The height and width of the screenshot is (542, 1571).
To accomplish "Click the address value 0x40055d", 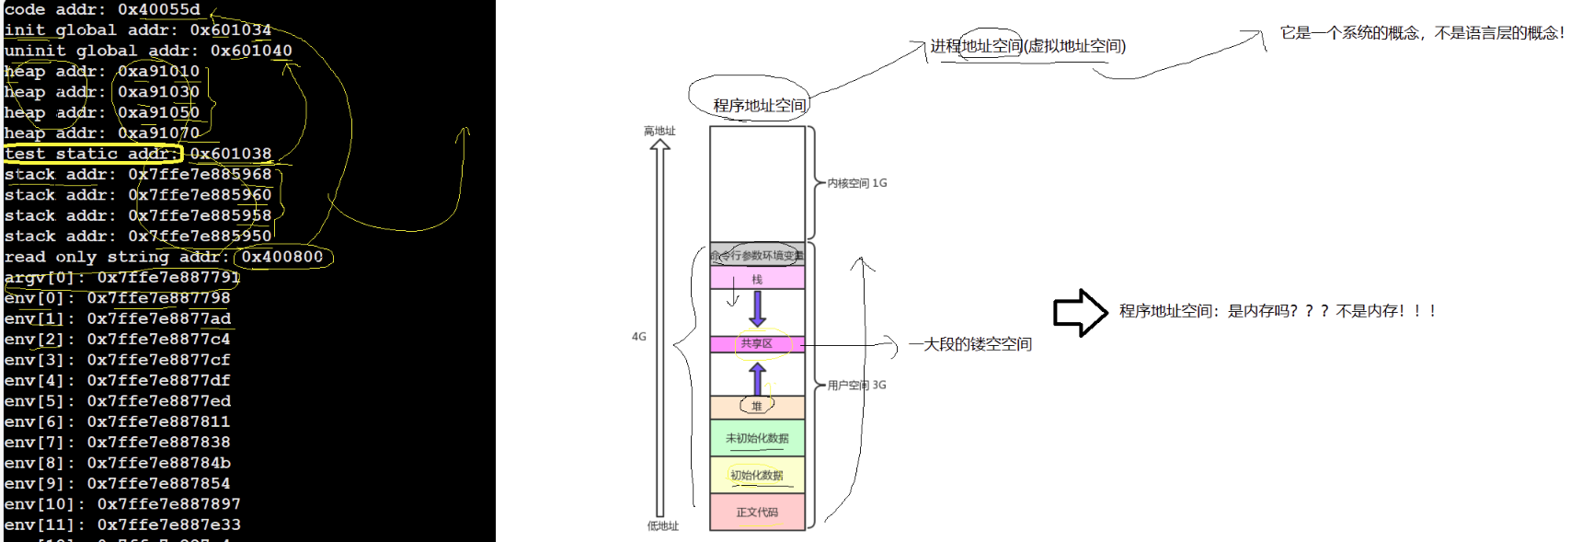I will pos(158,9).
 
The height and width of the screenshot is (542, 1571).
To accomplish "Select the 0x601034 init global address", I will pos(230,30).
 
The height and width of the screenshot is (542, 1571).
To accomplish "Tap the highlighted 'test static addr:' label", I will pos(91,154).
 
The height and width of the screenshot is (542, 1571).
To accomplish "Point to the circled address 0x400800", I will pos(282,257).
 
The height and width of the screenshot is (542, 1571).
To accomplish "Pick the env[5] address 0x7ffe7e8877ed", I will pos(158,401).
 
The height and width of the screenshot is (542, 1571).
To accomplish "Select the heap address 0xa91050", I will pos(158,112).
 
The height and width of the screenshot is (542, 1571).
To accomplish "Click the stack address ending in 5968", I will pos(200,174).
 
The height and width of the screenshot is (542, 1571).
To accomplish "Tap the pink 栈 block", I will pos(757,279).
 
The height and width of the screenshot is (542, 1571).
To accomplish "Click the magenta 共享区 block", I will pos(757,343).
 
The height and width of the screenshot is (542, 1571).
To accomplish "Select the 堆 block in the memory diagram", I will pos(757,406).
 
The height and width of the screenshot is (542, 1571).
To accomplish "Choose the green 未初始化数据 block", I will pos(757,438).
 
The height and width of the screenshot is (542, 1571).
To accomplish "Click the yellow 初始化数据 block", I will pos(757,475).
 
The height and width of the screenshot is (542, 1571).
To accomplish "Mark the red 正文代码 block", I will pos(757,512).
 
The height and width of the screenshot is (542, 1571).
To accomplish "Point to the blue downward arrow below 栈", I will pos(757,308).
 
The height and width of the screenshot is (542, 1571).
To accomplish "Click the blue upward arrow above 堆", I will pos(757,378).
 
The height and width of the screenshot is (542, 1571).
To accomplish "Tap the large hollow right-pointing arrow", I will pos(1080,312).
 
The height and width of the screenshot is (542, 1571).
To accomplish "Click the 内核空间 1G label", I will pos(856,183).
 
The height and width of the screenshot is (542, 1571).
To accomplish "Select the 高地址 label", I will pos(659,131).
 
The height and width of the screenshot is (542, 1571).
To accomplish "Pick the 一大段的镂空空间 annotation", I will pos(969,344).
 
